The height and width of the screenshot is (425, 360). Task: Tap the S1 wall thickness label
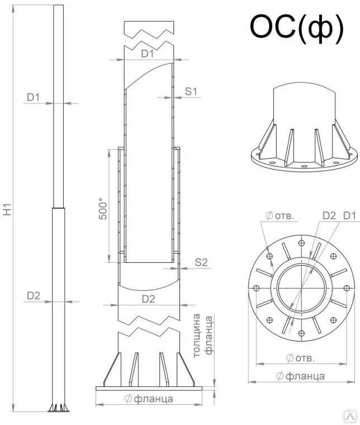(x=191, y=91)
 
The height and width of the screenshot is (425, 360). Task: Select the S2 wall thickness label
(x=201, y=262)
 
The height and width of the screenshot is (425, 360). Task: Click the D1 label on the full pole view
(x=33, y=97)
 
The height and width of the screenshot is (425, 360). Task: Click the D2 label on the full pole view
(x=34, y=295)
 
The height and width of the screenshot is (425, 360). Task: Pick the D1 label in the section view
(x=148, y=54)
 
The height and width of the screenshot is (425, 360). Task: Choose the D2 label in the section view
(x=149, y=299)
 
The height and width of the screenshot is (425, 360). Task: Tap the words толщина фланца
(x=203, y=335)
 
